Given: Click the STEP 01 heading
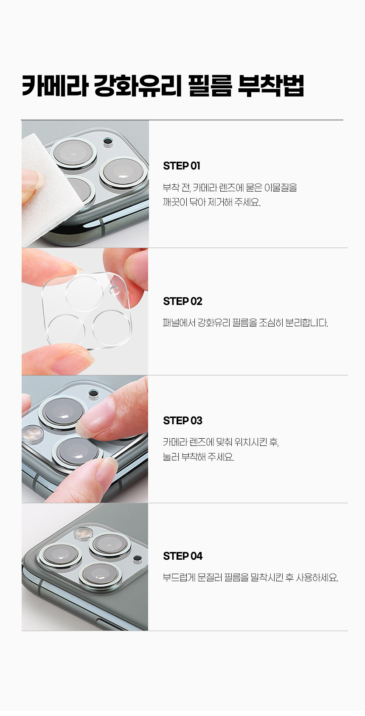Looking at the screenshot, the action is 181,166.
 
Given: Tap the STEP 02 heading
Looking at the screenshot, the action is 182,301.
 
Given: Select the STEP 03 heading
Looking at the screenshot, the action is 182,421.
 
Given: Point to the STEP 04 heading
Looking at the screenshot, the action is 182,556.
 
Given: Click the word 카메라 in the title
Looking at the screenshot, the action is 55,86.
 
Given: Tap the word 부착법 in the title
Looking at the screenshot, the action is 271,86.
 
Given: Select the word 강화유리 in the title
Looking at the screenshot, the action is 138,86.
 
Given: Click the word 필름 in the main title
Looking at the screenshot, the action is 210,86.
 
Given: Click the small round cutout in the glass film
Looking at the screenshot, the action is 114,290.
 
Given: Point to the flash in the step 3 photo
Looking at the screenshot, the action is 32,434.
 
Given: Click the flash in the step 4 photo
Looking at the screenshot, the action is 83,533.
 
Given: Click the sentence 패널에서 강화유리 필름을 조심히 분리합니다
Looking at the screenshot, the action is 245,323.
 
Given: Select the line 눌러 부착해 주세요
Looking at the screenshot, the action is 198,457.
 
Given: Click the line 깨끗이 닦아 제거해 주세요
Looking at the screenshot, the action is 212,202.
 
